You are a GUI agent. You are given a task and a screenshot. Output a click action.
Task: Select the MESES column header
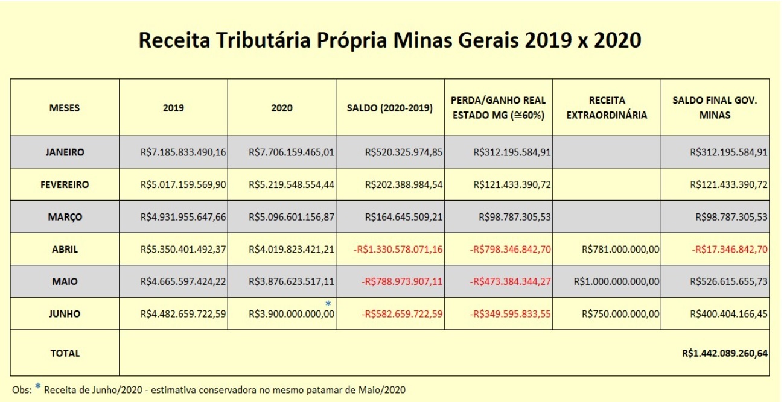click(x=65, y=108)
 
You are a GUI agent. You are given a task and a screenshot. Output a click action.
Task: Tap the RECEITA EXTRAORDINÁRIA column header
click(x=607, y=108)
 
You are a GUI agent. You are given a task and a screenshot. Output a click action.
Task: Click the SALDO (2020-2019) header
click(x=390, y=108)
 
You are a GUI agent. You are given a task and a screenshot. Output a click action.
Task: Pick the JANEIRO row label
click(x=65, y=152)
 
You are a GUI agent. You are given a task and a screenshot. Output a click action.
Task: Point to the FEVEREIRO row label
click(x=65, y=185)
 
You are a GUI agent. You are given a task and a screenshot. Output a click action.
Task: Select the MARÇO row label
click(x=65, y=217)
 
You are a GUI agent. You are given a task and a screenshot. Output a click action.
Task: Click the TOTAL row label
click(x=65, y=353)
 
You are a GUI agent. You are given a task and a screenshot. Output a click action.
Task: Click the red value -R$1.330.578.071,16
click(x=398, y=249)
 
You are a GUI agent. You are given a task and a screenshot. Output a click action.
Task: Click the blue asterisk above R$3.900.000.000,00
click(x=328, y=303)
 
